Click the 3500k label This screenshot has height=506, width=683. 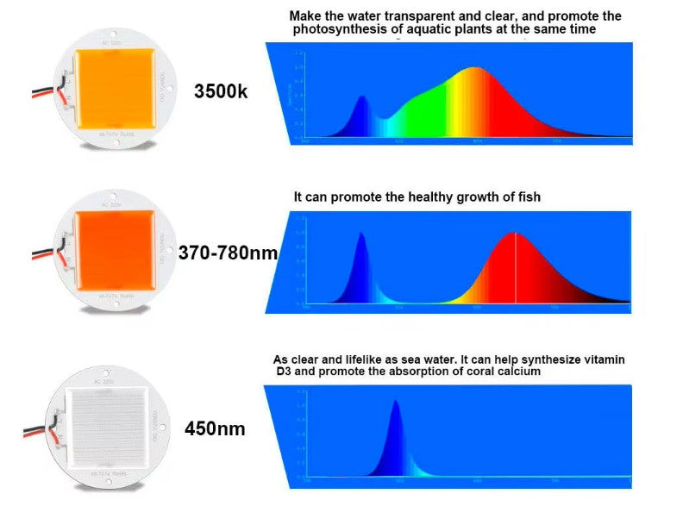(222, 90)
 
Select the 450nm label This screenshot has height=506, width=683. (215, 428)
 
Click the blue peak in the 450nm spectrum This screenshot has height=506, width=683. (396, 403)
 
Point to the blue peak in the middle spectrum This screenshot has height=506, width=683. (361, 236)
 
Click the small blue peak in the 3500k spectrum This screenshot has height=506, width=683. (362, 98)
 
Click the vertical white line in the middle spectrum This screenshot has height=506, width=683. (516, 267)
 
